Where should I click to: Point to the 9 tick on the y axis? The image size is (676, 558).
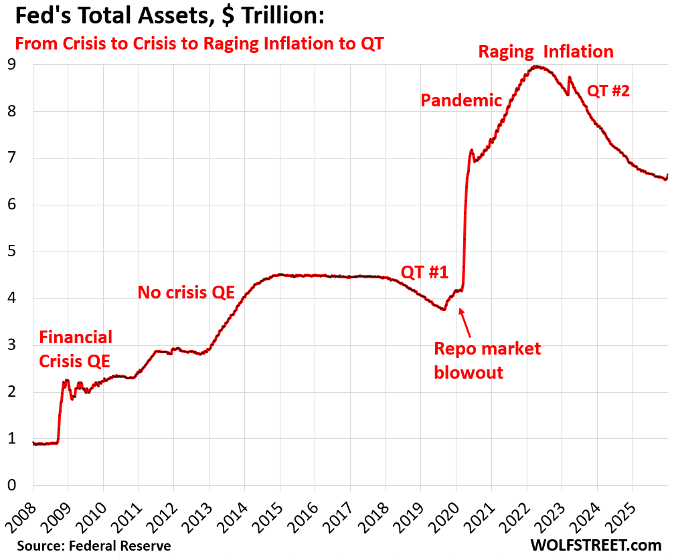coord(11,65)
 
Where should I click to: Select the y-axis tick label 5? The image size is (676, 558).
coord(11,252)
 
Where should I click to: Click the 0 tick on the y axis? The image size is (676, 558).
coord(11,486)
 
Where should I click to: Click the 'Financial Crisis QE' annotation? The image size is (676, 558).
coord(75,349)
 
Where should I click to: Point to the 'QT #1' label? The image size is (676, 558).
coord(424,272)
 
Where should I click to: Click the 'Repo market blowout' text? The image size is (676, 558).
coord(487,361)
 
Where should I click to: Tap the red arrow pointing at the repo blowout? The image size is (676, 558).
coord(467,322)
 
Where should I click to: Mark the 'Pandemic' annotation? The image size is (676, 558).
coord(460,100)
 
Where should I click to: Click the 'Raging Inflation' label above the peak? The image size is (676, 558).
coord(545,52)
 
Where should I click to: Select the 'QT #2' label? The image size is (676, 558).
coord(608,91)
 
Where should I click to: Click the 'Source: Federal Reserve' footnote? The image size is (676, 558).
coord(94,546)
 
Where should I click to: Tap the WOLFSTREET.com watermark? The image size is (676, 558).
coord(596,545)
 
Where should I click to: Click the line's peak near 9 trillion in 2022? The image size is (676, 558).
coord(535,66)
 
